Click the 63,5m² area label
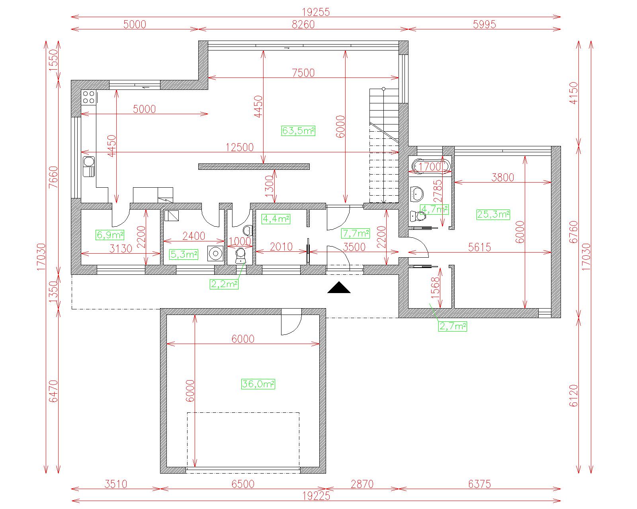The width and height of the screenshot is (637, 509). [x=298, y=130]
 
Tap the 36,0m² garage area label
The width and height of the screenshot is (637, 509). [x=258, y=384]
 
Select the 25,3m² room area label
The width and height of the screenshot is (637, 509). [x=493, y=214]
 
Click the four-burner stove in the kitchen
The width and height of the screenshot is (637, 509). [x=88, y=97]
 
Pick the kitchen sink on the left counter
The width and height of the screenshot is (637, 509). [x=88, y=167]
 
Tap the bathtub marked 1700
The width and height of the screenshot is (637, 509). [x=430, y=167]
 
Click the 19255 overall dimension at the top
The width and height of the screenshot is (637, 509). [x=316, y=12]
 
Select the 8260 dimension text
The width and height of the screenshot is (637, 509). [x=303, y=24]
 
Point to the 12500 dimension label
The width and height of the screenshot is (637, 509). [x=239, y=147]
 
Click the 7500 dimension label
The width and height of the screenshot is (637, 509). [x=303, y=73]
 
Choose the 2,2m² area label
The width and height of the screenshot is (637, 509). [x=224, y=284]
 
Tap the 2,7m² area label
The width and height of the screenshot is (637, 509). [x=453, y=326]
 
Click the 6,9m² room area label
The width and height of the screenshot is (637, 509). [x=110, y=235]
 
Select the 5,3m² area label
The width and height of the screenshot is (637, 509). [x=184, y=254]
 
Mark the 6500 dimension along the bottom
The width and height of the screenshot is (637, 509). [x=243, y=484]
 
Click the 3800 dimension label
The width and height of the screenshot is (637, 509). [x=502, y=177]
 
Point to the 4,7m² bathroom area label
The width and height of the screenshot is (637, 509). [x=434, y=210]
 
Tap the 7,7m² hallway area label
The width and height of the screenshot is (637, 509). [x=356, y=233]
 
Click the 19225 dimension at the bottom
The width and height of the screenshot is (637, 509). [x=316, y=496]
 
